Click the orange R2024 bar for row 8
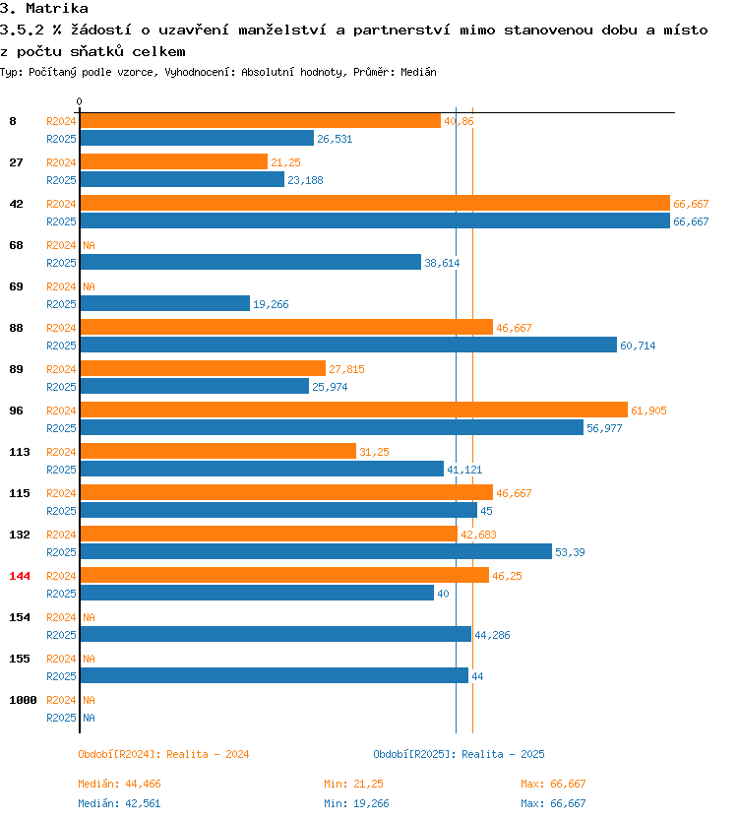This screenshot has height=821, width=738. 261,121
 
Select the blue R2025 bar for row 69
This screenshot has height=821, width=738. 165,303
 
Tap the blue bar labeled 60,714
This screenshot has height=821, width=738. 348,346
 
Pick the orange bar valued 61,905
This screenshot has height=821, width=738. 354,410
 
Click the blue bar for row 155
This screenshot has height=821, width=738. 275,675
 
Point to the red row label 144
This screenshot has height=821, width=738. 20,576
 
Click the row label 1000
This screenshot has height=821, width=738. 23,700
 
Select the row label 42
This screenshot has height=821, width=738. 16,204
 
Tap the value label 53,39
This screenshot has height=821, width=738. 570,552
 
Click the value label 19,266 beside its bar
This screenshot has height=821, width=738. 271,304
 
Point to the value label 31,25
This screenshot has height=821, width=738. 374,452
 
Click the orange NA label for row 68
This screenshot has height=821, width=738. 89,245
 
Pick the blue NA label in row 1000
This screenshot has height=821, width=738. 89,718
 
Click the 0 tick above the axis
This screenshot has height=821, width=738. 79,101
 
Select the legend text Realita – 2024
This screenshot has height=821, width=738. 208,754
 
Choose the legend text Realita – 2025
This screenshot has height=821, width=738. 503,754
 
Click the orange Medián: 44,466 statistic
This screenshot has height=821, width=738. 119,784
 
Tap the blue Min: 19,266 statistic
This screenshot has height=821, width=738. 356,803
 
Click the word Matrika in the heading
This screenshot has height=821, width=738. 57,9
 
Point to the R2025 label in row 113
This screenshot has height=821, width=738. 61,470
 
